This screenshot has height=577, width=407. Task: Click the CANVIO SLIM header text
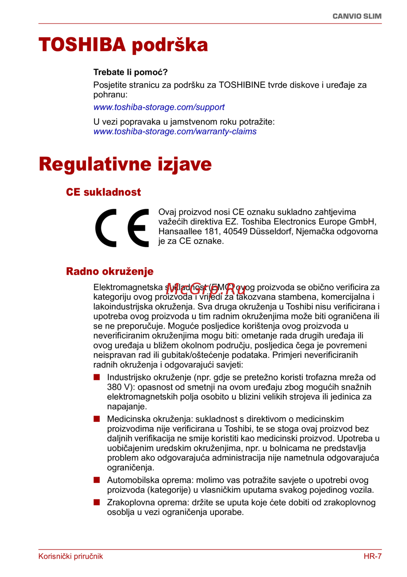click(x=357, y=16)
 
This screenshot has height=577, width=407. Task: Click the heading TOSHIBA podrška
click(x=123, y=45)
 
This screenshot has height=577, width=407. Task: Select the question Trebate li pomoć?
click(x=130, y=72)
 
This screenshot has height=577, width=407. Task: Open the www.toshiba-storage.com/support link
click(x=159, y=107)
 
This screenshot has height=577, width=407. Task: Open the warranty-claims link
click(x=175, y=132)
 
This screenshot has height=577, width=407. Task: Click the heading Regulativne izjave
click(x=125, y=164)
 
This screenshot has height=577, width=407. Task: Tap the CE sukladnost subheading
click(x=103, y=192)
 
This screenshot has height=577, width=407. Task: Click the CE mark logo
click(x=122, y=228)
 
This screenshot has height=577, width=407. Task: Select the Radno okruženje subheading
click(x=109, y=271)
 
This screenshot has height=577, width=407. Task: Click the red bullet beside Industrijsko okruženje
click(x=97, y=377)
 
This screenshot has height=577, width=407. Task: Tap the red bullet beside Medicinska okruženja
click(x=97, y=419)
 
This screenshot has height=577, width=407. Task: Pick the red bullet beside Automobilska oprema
click(x=97, y=480)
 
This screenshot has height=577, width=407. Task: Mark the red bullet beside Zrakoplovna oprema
click(x=97, y=502)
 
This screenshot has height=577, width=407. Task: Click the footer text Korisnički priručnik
click(x=70, y=556)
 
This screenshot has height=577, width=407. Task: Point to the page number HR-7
click(x=372, y=556)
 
